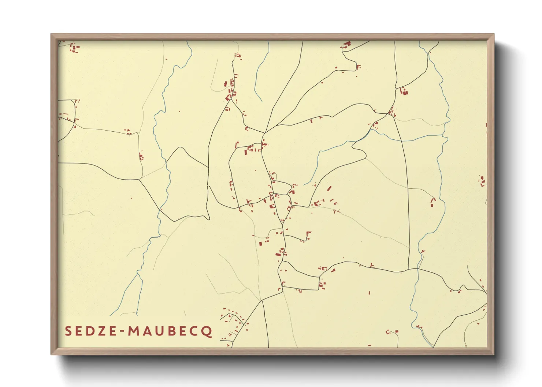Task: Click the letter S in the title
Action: click(x=68, y=331)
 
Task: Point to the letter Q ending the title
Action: click(x=208, y=331)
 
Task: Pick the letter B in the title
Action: click(x=167, y=331)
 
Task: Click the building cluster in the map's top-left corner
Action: click(x=74, y=48)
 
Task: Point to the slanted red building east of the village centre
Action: click(x=329, y=189)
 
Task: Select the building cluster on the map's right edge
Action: click(x=483, y=181)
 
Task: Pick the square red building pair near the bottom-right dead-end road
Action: click(x=392, y=332)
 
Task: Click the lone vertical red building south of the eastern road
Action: click(x=369, y=293)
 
